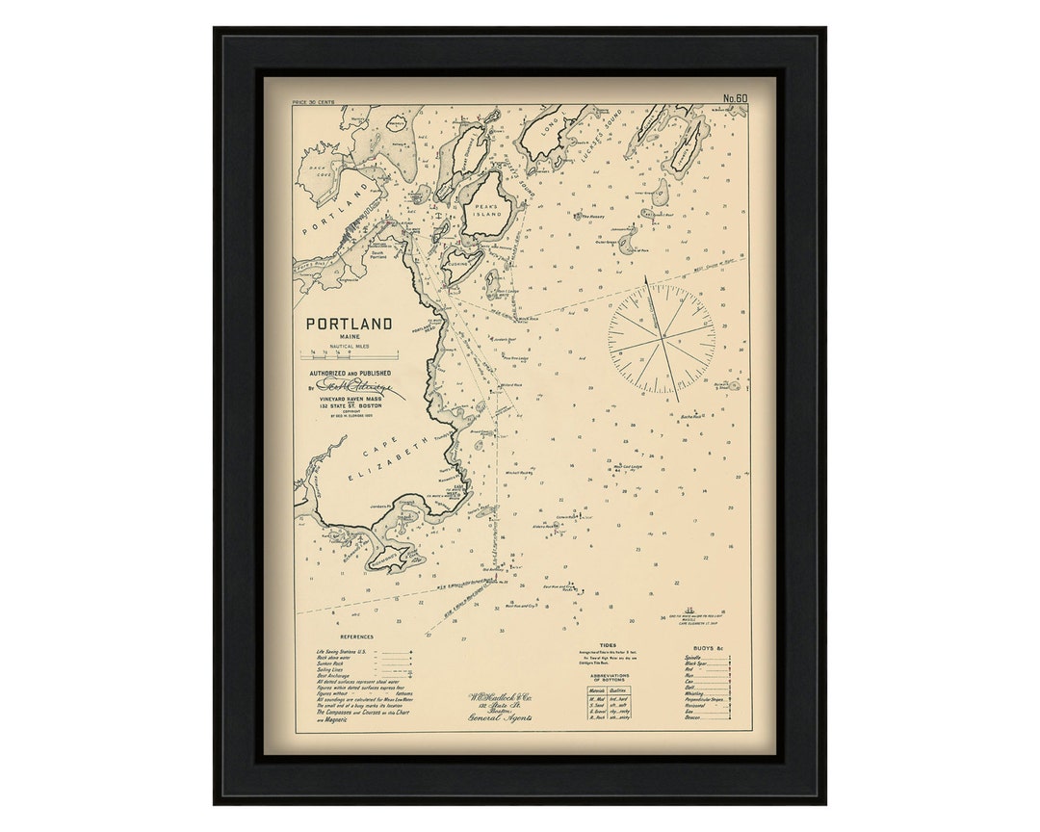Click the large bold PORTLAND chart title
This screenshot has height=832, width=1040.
pos(349,325)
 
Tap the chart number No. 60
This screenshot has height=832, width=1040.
pos(735,98)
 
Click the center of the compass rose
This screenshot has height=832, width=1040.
pos(662,338)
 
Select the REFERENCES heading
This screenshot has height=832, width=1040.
pos(356,637)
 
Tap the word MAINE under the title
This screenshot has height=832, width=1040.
pos(349,337)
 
